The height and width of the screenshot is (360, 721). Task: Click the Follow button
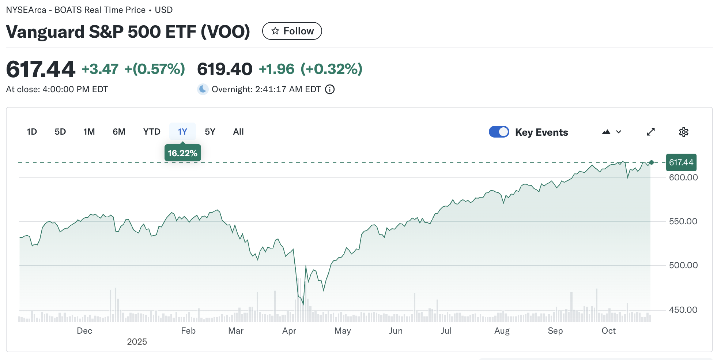click(292, 31)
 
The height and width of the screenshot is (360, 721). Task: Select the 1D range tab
click(32, 132)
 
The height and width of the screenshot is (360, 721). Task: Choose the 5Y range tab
click(210, 132)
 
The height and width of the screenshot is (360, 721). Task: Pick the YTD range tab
click(152, 132)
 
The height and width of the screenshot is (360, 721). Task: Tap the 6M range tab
click(119, 132)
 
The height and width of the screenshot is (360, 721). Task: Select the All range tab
click(238, 132)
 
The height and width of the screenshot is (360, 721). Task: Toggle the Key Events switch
click(499, 132)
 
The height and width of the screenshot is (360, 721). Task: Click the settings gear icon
click(683, 132)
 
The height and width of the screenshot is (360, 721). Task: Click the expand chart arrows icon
click(650, 132)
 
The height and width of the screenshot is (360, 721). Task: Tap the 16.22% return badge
click(182, 153)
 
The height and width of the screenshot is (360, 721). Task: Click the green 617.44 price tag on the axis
click(681, 162)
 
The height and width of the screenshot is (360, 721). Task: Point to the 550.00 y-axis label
click(683, 221)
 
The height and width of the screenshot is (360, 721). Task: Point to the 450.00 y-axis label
click(683, 310)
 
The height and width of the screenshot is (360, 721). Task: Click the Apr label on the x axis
click(289, 331)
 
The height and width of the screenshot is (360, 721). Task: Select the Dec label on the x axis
click(84, 331)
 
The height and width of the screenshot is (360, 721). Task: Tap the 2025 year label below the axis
click(137, 342)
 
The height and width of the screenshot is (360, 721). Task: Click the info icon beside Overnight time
click(330, 89)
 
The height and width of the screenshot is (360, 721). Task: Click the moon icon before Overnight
click(203, 89)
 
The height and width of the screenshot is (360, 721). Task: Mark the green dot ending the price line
click(651, 162)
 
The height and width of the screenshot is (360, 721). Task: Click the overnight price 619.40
click(224, 69)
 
